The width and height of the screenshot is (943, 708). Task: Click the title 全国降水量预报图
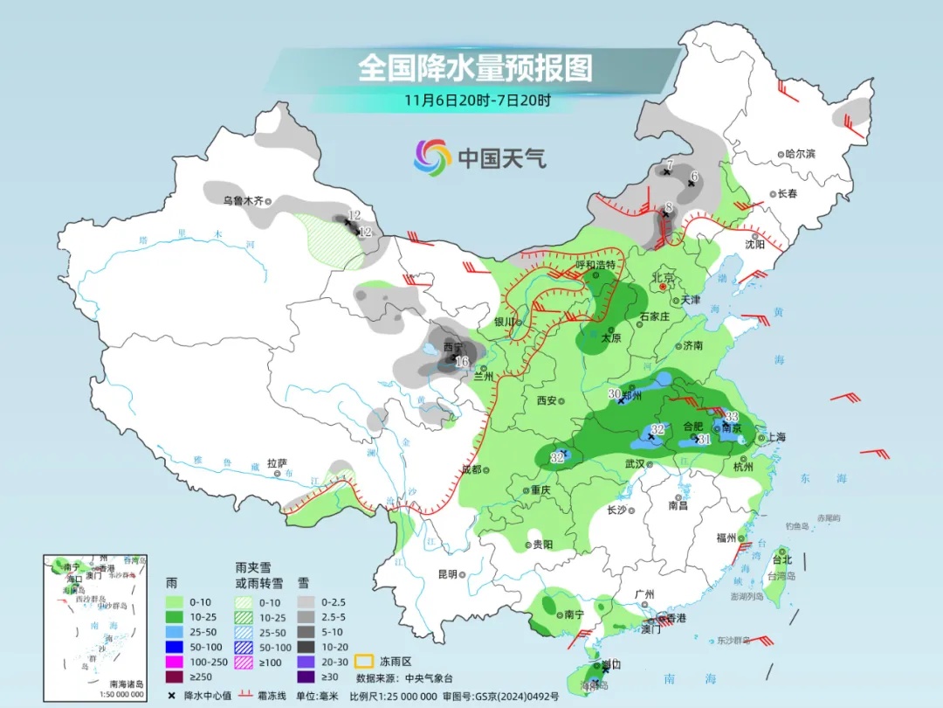point(475,66)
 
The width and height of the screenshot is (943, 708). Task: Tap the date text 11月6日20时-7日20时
point(477,100)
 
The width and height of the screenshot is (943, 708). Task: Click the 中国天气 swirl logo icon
point(431,157)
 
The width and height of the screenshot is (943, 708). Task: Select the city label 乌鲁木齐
point(243,200)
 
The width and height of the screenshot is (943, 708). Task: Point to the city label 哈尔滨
point(799,154)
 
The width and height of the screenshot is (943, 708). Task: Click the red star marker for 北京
point(663,287)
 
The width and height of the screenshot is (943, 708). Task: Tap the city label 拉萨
point(277,463)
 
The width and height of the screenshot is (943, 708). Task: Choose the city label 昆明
point(447,574)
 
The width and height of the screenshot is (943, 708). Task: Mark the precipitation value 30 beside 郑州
point(614,394)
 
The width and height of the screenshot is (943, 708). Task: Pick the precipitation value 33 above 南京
point(732,416)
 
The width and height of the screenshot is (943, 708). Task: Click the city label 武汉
point(635,463)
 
